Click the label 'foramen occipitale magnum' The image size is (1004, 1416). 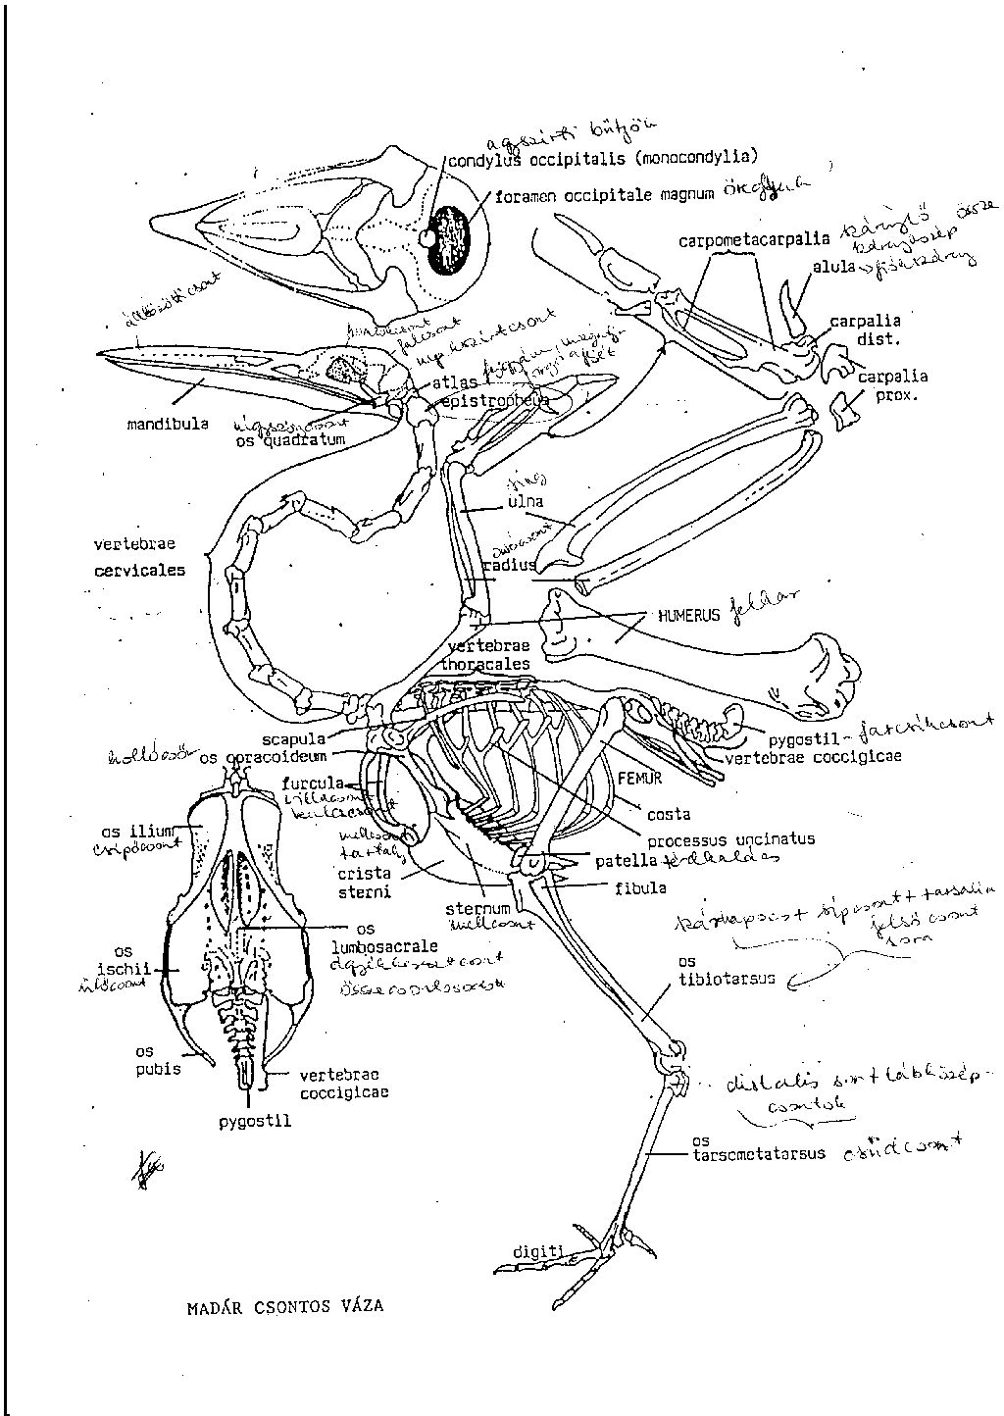[603, 196]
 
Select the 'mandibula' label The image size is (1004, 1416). [167, 425]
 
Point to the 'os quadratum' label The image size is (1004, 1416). [290, 440]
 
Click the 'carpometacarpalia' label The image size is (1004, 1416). [753, 239]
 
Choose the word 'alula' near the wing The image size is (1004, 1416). [832, 265]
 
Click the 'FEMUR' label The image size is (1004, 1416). [640, 776]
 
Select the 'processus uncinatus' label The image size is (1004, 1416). [729, 839]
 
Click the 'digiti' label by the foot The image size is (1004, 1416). [538, 1251]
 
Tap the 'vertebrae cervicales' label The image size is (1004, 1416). [138, 557]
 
